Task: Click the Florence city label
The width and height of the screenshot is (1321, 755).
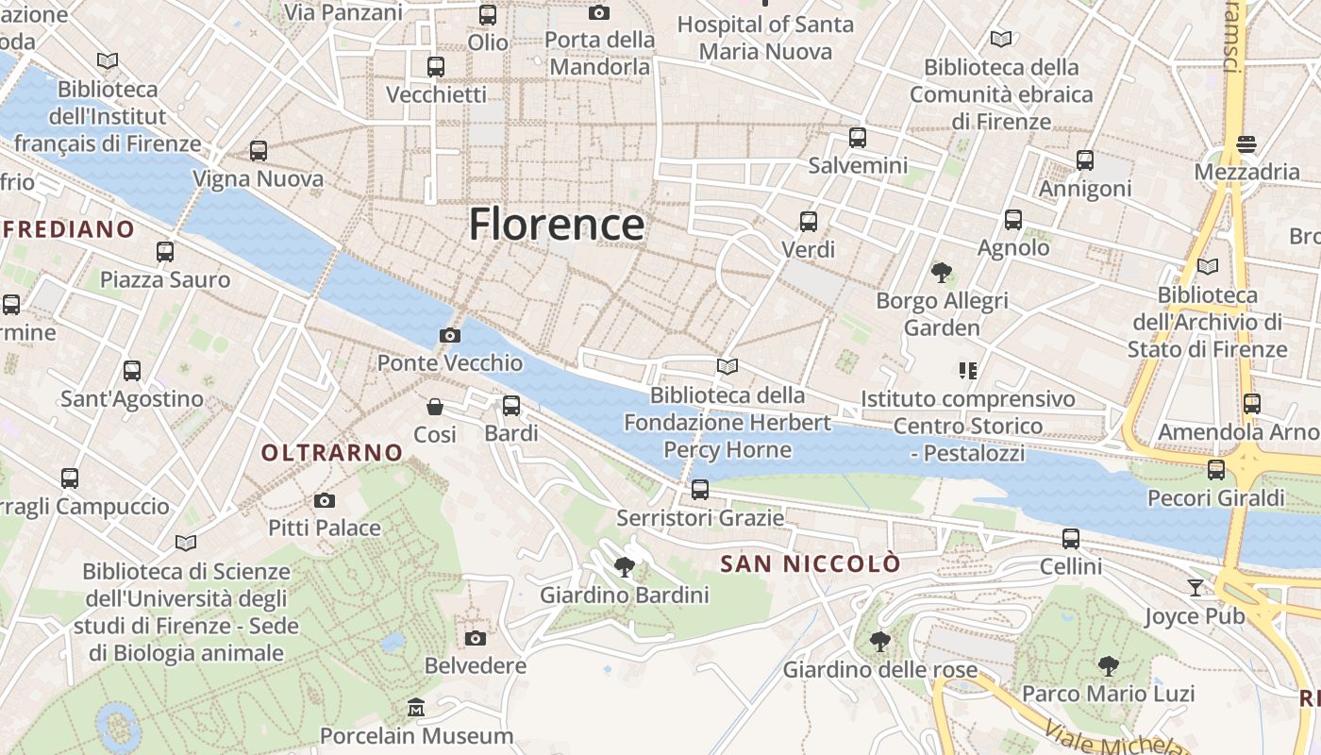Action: (557, 225)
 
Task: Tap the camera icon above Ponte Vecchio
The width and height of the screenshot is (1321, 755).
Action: (450, 335)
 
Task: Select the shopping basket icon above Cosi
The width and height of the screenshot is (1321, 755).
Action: (435, 407)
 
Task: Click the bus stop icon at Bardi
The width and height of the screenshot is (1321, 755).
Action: (510, 406)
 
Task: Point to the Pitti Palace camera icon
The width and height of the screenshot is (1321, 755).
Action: (325, 500)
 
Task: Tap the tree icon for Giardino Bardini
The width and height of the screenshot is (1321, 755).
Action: (624, 566)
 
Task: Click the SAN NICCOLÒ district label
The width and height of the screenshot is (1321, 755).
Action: (810, 564)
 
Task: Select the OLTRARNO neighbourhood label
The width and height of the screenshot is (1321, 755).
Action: (332, 453)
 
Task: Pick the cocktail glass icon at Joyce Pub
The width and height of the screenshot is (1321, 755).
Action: (1196, 588)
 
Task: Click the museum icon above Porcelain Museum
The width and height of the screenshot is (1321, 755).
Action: (416, 707)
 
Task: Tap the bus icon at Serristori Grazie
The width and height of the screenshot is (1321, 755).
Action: (699, 489)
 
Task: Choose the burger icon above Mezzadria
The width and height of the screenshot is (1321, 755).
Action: (1246, 144)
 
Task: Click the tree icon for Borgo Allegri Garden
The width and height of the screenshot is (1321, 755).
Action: (941, 273)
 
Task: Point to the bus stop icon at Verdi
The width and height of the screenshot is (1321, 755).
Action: (809, 222)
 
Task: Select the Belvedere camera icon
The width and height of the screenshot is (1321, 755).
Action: (476, 638)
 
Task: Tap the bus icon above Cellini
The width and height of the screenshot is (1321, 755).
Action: (1070, 539)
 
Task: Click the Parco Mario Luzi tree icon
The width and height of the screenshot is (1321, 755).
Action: (1108, 666)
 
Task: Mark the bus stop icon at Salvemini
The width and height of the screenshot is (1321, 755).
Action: (857, 138)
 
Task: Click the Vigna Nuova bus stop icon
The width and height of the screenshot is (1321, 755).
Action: (258, 151)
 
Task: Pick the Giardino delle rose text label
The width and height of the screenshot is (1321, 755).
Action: (880, 670)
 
